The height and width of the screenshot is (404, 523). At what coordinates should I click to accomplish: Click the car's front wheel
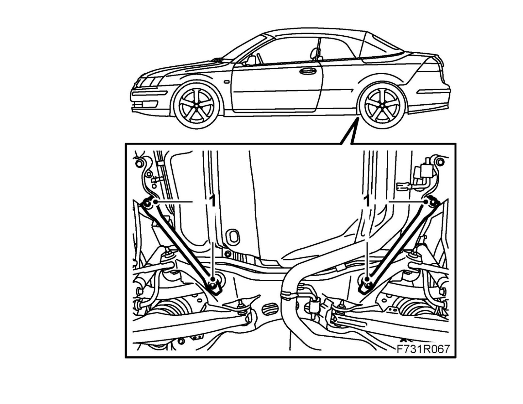[196, 105]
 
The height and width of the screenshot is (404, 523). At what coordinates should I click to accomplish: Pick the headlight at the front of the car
[146, 82]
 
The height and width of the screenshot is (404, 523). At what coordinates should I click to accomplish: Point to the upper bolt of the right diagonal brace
[432, 203]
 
